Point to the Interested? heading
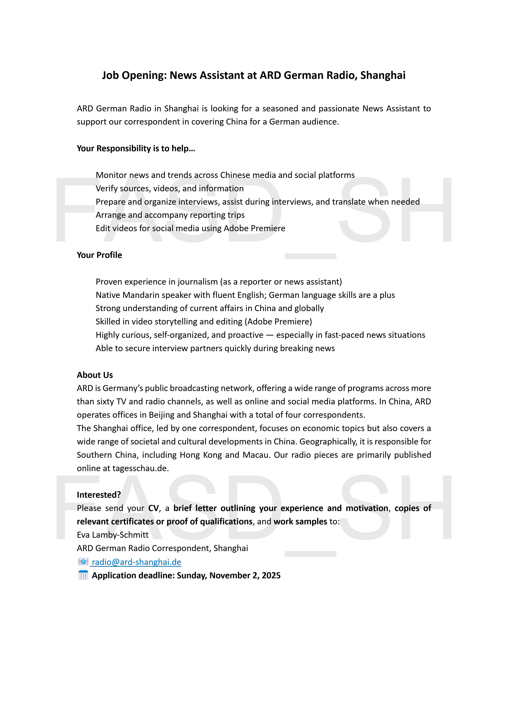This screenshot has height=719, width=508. coord(99,495)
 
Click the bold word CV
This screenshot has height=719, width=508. coord(153,508)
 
